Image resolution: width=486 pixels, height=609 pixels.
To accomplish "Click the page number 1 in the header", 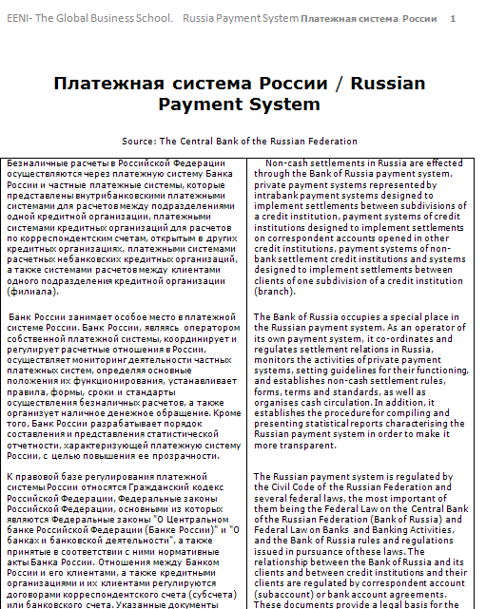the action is coord(453,18).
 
